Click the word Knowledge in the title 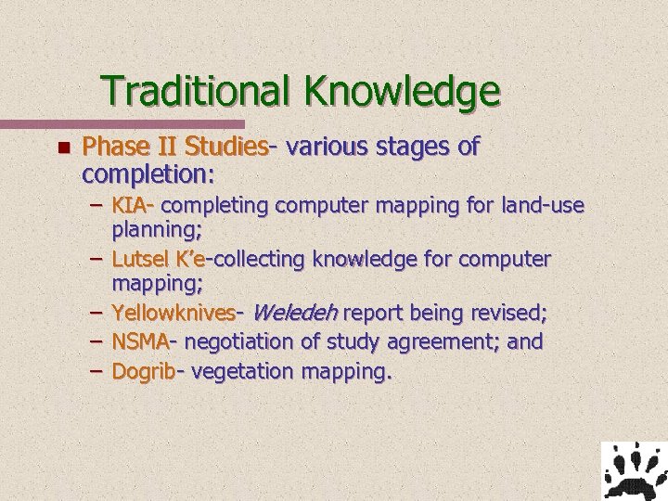(401, 91)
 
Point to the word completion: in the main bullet (148, 173)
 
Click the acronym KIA (132, 203)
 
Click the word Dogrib (144, 371)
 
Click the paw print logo (634, 470)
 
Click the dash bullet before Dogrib (96, 371)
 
